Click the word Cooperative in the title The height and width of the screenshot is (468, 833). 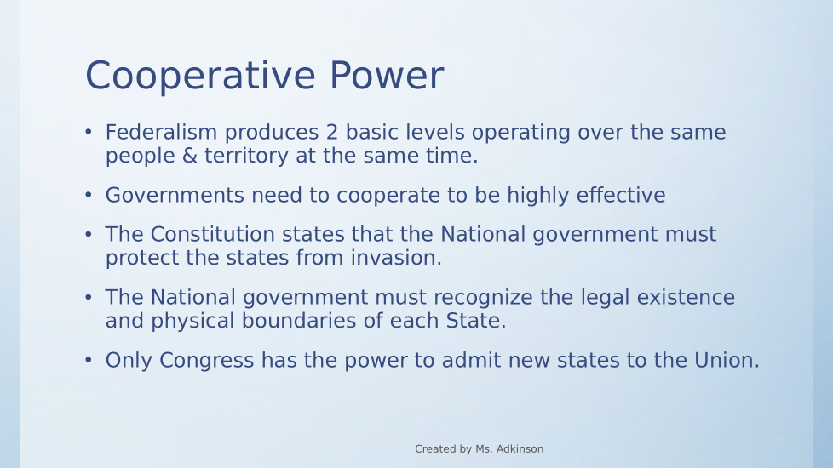[201, 77]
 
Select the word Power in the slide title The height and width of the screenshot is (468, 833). [386, 76]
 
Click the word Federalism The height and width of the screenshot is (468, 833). [162, 132]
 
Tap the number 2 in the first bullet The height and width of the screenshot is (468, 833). [332, 132]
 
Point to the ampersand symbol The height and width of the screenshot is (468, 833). [189, 156]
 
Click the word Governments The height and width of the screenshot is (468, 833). [175, 195]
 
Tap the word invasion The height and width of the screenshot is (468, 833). [396, 257]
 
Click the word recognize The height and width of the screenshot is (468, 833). [486, 298]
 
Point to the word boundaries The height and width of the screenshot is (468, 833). [299, 321]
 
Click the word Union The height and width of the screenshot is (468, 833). [727, 360]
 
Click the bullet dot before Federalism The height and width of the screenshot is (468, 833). [89, 132]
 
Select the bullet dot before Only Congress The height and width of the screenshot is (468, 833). [89, 360]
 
